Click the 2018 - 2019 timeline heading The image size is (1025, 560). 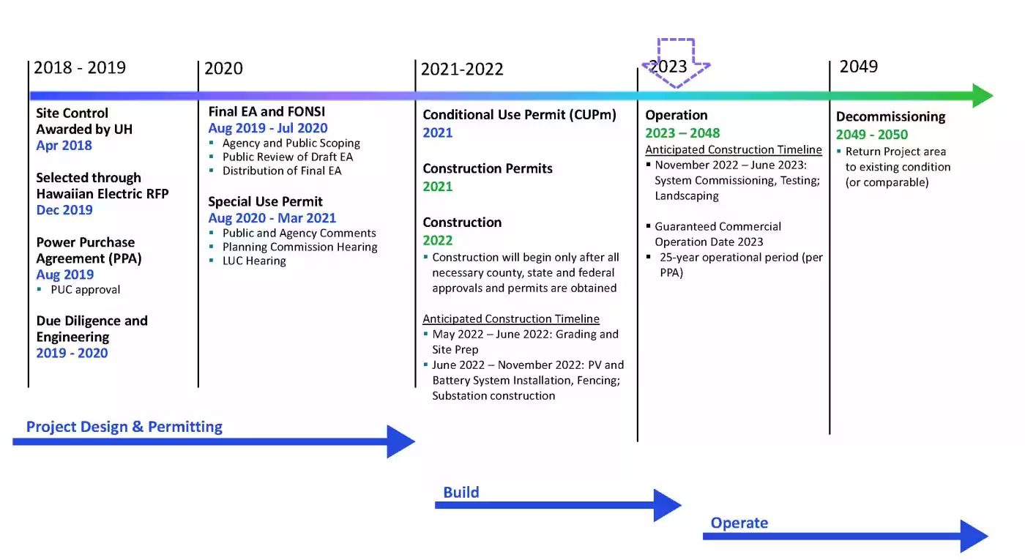(x=80, y=67)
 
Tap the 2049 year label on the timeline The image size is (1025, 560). (x=858, y=67)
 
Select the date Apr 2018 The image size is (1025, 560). (x=64, y=146)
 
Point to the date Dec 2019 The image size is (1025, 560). (x=64, y=210)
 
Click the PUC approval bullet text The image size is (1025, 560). (x=85, y=290)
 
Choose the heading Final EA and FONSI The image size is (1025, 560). (x=266, y=111)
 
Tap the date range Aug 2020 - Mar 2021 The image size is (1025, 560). (x=272, y=218)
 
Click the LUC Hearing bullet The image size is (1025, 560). (x=254, y=261)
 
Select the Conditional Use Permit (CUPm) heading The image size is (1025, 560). (x=519, y=115)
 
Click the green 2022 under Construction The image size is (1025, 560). (x=438, y=240)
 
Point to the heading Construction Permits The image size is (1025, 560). (x=488, y=169)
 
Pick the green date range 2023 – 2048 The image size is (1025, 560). (x=682, y=133)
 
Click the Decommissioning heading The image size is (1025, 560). (x=890, y=116)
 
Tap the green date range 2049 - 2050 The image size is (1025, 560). (x=872, y=135)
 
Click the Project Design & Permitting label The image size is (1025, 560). (x=124, y=427)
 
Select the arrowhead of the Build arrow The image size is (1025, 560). (x=668, y=505)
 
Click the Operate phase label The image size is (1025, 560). (x=739, y=523)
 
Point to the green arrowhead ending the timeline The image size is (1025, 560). (x=983, y=96)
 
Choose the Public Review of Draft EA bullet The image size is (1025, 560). (x=287, y=157)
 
